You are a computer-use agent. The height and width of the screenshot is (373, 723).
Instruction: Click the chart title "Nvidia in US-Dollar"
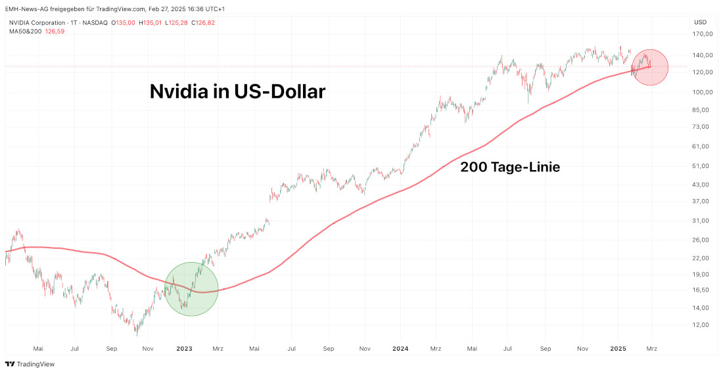[x=237, y=91]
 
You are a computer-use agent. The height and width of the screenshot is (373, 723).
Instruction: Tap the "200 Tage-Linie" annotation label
[x=510, y=167]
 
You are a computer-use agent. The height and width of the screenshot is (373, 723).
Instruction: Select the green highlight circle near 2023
[x=191, y=289]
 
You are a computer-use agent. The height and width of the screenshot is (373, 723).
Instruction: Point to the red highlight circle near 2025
[x=649, y=67]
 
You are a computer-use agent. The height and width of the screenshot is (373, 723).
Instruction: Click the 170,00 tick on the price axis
[x=703, y=34]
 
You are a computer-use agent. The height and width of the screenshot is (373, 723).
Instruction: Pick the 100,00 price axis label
[x=703, y=92]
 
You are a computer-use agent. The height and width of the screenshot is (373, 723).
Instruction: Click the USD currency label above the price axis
[x=700, y=22]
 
